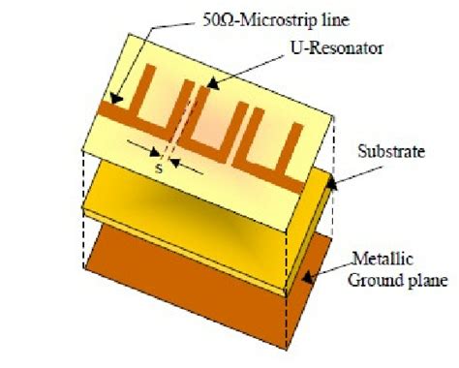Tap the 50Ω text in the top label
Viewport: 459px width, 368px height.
[201, 18]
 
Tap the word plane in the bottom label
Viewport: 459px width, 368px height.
[426, 282]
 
